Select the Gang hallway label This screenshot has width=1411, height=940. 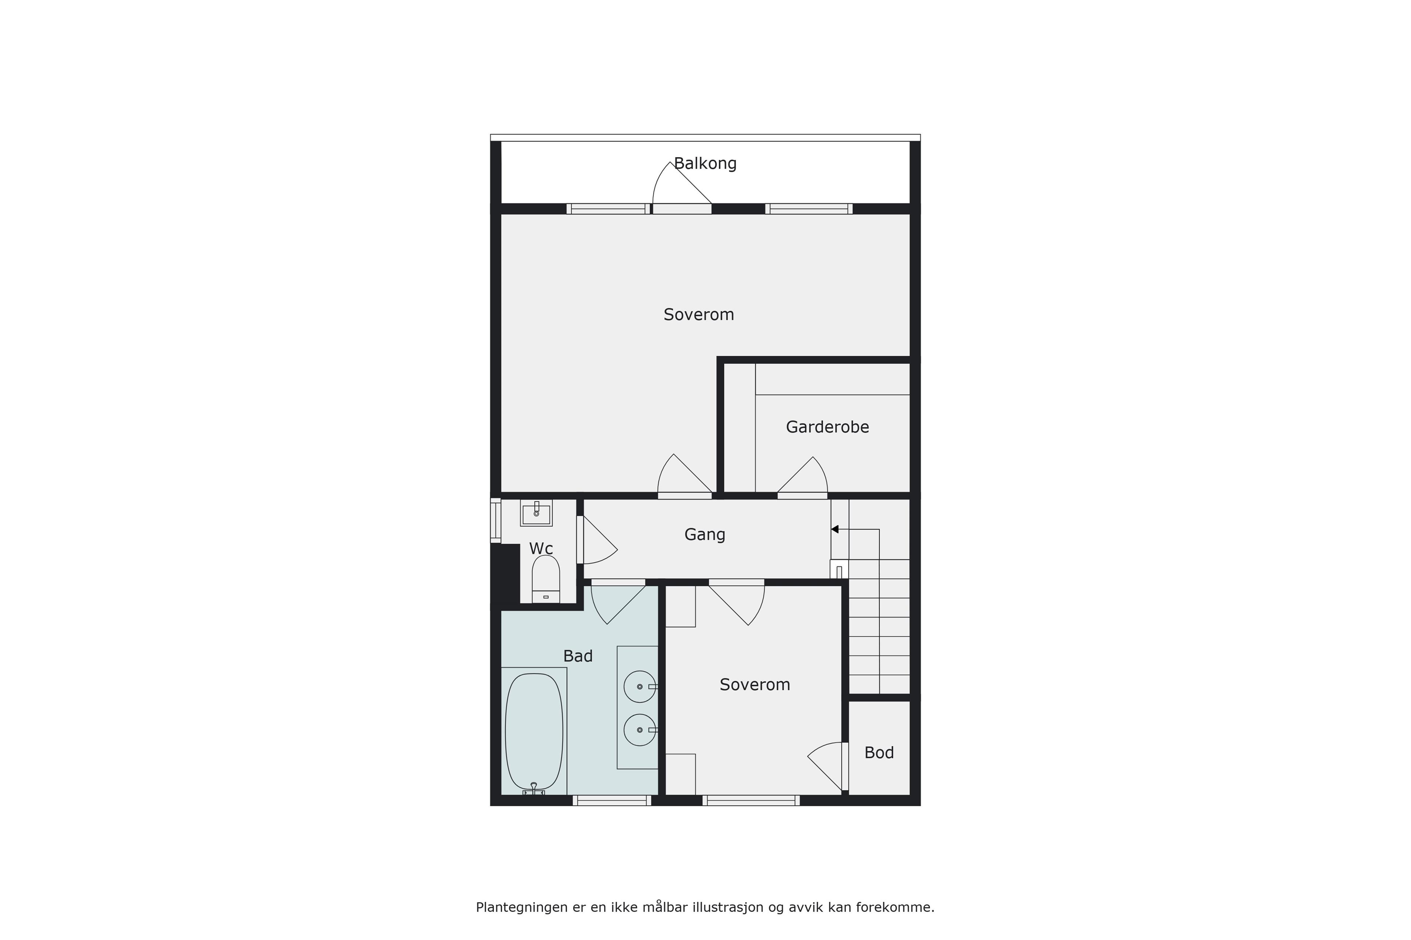705,535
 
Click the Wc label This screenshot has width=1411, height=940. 541,549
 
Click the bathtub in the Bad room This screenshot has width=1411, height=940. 534,731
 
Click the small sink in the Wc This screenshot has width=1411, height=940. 536,513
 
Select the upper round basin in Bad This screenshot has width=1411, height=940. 640,686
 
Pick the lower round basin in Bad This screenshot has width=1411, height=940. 640,730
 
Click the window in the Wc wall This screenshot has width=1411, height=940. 496,520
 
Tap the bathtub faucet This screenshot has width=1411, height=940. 534,789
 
